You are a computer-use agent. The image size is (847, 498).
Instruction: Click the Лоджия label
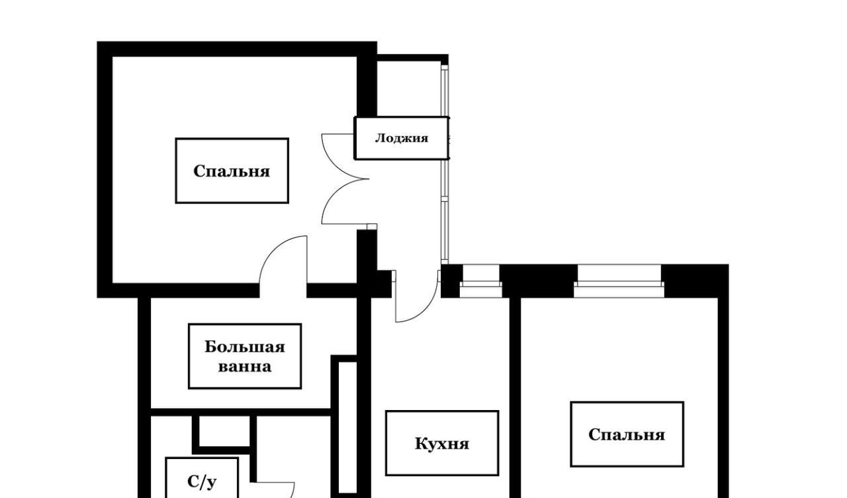(401, 138)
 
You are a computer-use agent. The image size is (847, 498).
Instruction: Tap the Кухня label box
(441, 443)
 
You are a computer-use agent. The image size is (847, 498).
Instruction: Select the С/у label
(202, 481)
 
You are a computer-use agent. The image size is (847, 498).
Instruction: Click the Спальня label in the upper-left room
(232, 171)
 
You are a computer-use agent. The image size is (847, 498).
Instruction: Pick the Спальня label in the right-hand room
(627, 435)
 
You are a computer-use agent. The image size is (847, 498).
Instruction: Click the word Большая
(244, 347)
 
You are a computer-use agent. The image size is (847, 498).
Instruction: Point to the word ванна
(244, 366)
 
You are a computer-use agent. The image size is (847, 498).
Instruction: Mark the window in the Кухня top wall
(480, 281)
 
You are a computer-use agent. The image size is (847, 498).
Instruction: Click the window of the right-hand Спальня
(619, 281)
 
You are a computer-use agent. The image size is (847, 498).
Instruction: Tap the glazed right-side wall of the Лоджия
(445, 198)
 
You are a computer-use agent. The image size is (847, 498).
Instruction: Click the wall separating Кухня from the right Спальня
(515, 397)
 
